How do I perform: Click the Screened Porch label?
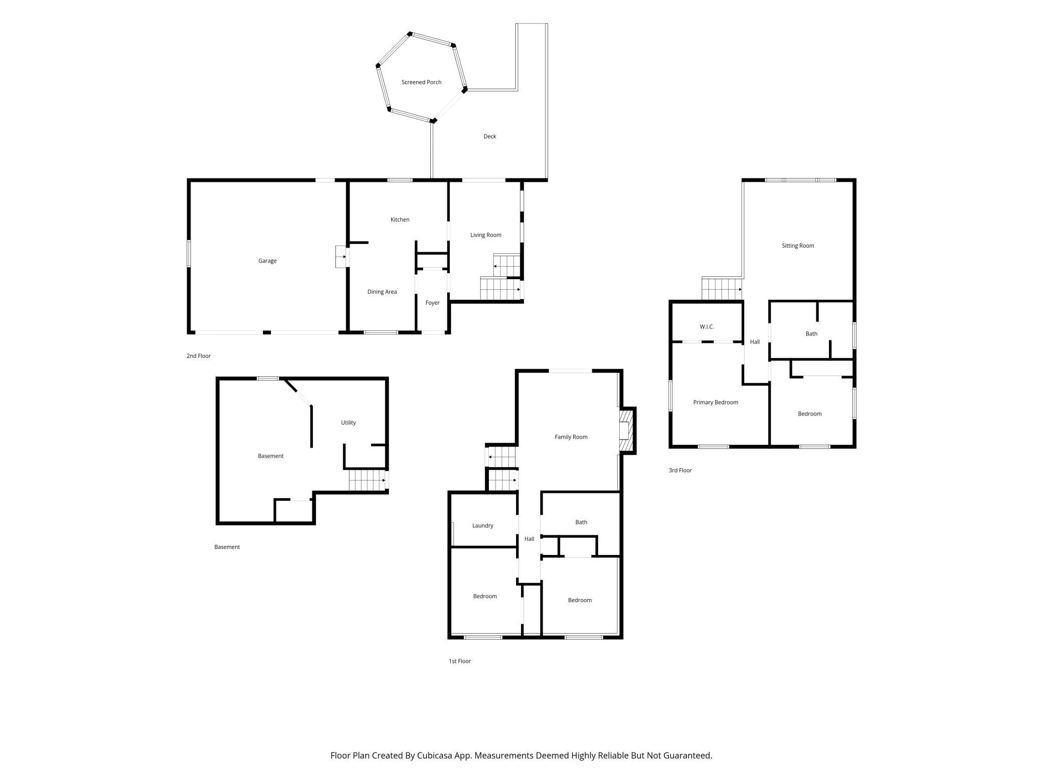pos(421,82)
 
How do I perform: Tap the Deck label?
pos(490,136)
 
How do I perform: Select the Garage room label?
pos(267,261)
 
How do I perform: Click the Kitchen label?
pos(400,220)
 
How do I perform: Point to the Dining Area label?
pos(382,292)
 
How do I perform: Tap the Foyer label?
pos(432,303)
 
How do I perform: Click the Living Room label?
pos(486,235)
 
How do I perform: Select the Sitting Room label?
pos(798,246)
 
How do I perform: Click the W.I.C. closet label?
pos(707,327)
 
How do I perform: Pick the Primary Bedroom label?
pos(716,403)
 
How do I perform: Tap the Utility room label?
pos(349,423)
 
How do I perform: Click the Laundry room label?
pos(483,526)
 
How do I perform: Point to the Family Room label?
pos(571,437)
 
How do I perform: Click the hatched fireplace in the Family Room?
pos(627,431)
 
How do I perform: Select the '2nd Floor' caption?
pos(199,356)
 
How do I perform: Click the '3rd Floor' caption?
pos(680,470)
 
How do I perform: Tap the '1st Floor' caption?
pos(460,661)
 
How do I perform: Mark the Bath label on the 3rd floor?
pos(811,334)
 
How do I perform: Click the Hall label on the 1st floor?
pos(530,539)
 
